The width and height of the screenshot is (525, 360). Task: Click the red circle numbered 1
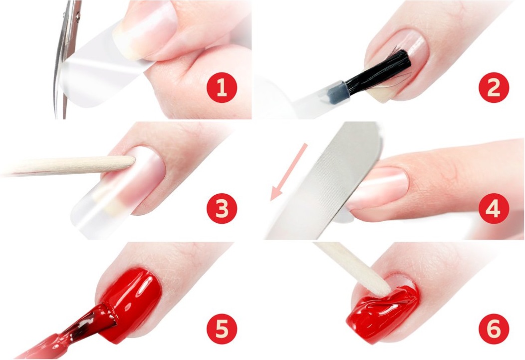222,87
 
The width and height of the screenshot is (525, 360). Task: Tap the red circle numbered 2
494,87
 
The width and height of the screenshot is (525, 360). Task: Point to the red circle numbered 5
222,329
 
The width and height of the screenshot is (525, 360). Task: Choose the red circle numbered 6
494,329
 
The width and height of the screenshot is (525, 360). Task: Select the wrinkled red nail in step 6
383,310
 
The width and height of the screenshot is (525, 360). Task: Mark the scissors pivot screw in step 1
78,15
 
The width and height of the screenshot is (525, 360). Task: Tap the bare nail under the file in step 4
378,188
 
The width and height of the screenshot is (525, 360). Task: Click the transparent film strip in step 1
100,67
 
